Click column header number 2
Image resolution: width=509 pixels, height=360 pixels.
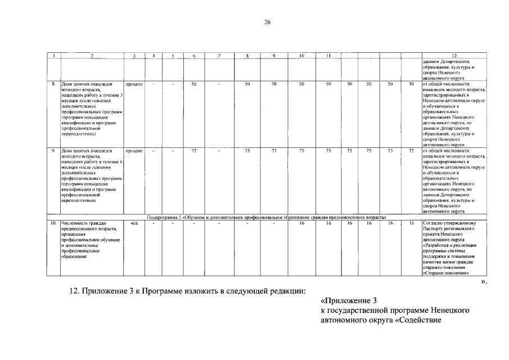click(x=92, y=56)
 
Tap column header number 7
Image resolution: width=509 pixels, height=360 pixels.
click(x=219, y=56)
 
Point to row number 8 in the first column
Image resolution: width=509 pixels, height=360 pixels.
click(x=53, y=84)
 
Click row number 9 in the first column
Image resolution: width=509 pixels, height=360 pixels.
click(x=53, y=151)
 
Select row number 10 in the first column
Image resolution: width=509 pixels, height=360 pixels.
click(x=53, y=223)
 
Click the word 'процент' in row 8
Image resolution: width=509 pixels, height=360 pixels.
click(x=134, y=84)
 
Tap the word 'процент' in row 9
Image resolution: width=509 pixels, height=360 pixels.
click(x=134, y=151)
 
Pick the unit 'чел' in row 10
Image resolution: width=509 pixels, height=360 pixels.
click(x=134, y=223)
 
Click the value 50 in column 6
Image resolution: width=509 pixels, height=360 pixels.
click(x=193, y=84)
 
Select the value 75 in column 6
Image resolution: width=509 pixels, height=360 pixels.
click(x=193, y=151)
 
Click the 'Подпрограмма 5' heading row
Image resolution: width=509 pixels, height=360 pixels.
click(x=269, y=217)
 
